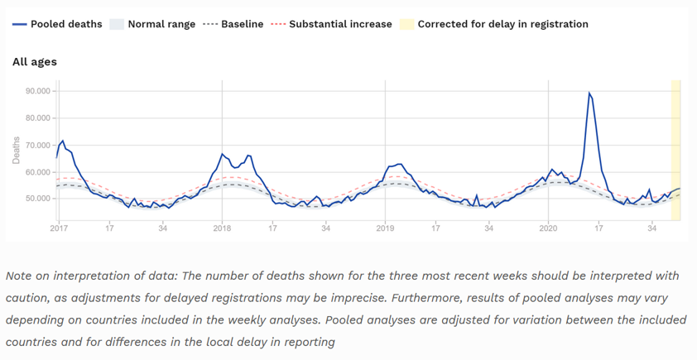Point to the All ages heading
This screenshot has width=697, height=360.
point(35,61)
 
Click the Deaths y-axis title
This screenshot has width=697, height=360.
point(16,150)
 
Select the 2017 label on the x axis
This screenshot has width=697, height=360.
point(59,228)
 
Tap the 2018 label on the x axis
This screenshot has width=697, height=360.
point(221,228)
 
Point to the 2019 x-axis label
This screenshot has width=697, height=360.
point(384,228)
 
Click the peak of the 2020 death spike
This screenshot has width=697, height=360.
point(589,93)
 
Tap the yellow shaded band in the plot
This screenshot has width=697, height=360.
point(675,149)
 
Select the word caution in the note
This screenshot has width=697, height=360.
point(29,297)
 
